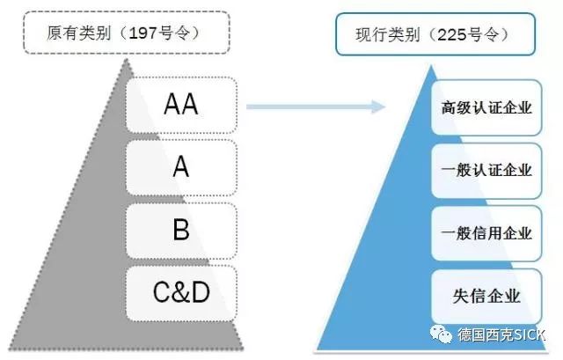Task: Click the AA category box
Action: click(x=181, y=105)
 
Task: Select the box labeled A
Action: click(x=181, y=167)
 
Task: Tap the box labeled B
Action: click(x=181, y=231)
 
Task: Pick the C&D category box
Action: click(x=181, y=293)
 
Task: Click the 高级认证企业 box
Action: click(x=486, y=108)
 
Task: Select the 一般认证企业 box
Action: click(x=486, y=171)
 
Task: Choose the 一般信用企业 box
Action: click(x=486, y=233)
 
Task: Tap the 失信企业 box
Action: click(x=486, y=296)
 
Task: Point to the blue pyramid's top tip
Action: click(x=437, y=66)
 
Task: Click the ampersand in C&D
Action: click(x=180, y=293)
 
